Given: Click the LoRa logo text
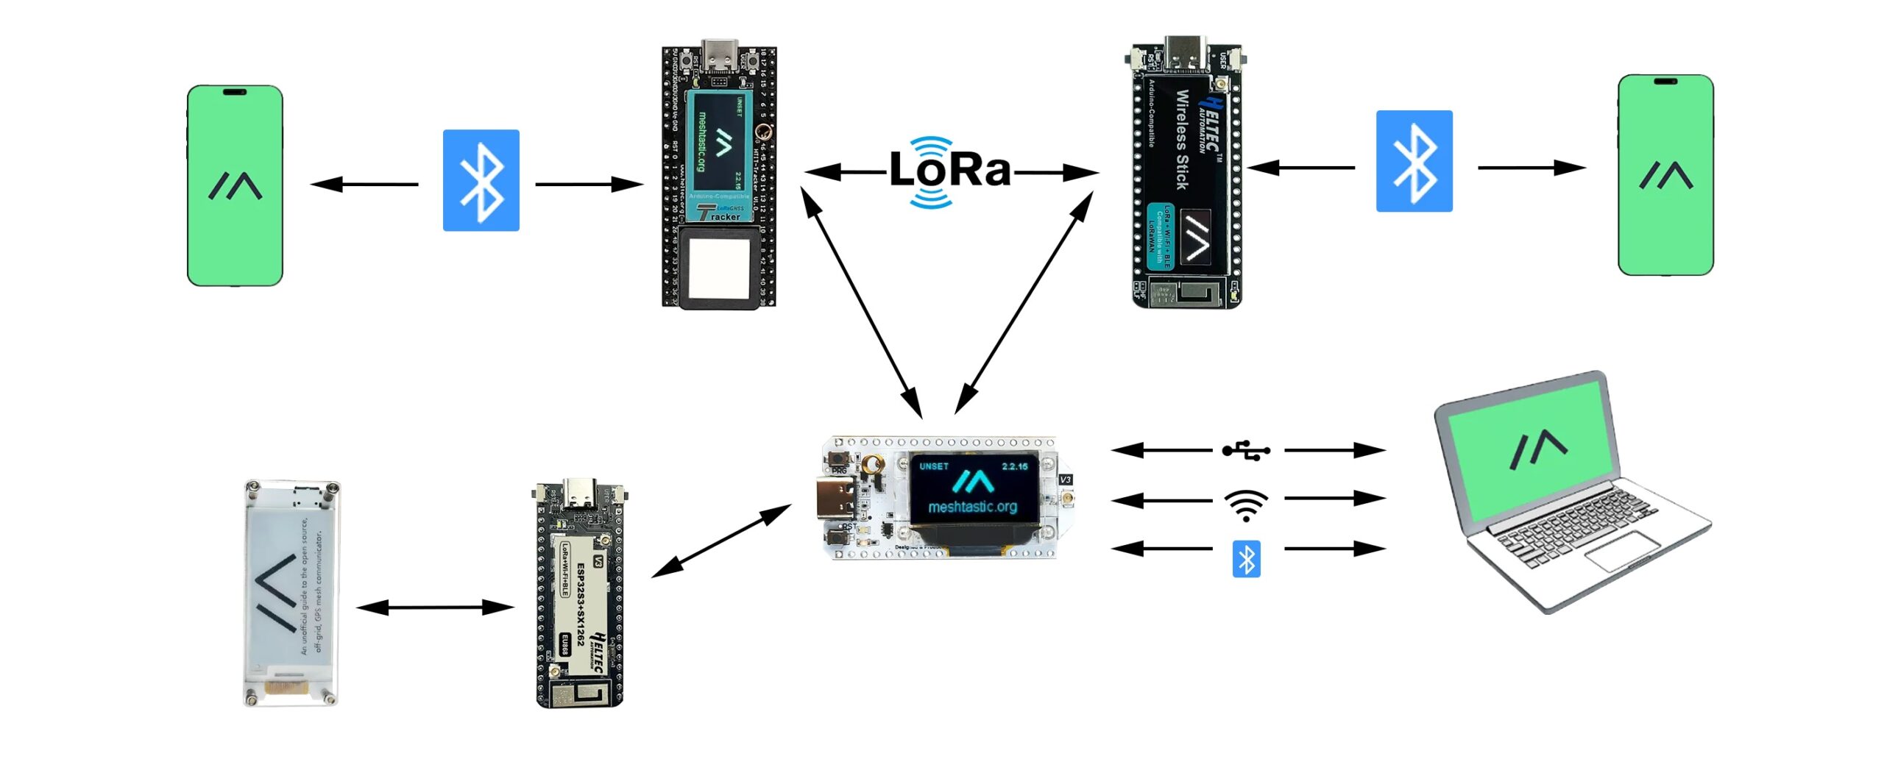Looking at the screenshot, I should [x=949, y=171].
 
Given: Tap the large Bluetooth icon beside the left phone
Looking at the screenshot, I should [x=481, y=180].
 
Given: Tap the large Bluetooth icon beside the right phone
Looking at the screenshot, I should [x=1414, y=161].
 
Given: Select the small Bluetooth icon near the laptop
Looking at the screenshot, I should [x=1246, y=559].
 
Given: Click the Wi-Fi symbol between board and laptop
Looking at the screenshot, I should [x=1245, y=505].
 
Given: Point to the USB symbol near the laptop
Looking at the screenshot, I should [x=1245, y=450].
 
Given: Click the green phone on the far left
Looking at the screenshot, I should [x=235, y=186].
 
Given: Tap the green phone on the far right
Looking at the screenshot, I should [x=1665, y=175].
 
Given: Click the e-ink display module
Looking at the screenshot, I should [x=291, y=593].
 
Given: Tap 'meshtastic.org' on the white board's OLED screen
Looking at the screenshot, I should [x=972, y=507].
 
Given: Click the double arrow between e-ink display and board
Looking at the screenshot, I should [x=435, y=608].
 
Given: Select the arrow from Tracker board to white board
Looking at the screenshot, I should [x=860, y=302].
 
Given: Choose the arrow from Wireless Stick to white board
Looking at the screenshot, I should [x=1024, y=302].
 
